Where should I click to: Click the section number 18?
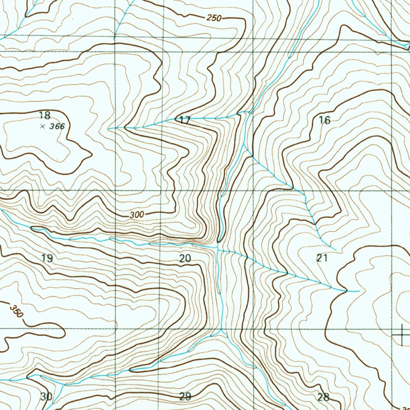tap(45, 116)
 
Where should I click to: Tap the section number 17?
tap(185, 120)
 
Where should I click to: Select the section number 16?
tap(325, 120)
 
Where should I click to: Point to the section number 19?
tap(47, 258)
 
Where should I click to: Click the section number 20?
tap(185, 258)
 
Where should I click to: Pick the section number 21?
tap(322, 258)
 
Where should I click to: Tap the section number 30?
tap(46, 397)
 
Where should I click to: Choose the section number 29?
tap(185, 397)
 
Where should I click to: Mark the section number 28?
tap(323, 397)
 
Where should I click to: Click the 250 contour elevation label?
tap(215, 18)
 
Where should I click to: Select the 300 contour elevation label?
tap(137, 215)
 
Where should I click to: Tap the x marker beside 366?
tap(42, 127)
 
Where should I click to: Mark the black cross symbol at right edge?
tap(402, 335)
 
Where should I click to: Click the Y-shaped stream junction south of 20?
tap(221, 332)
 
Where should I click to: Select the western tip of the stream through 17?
tap(109, 129)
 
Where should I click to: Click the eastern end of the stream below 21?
tap(359, 291)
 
